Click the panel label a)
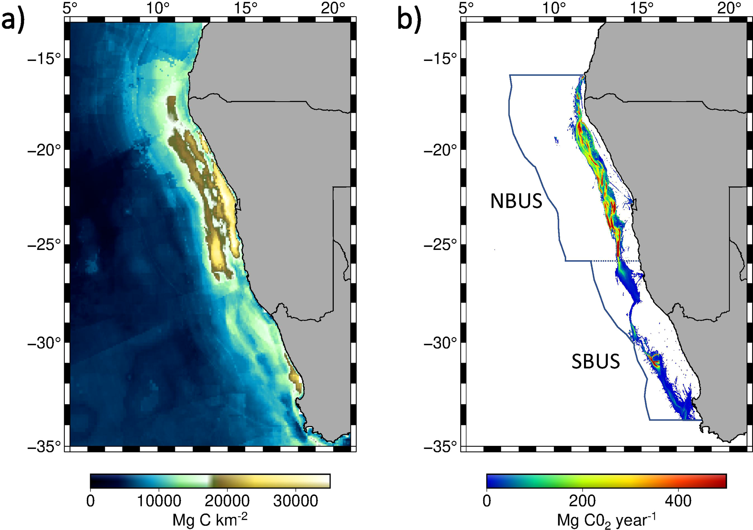pos(12,20)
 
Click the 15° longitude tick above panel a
pos(245,8)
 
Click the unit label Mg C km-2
pos(210,520)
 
